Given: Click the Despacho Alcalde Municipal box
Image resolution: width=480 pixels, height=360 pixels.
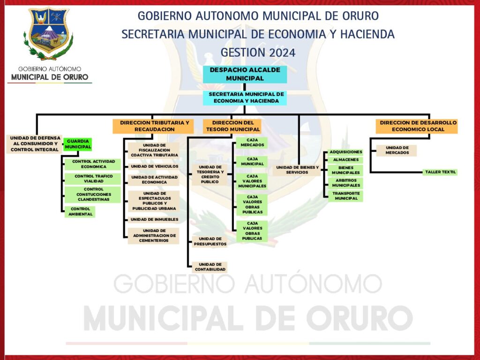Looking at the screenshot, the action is [x=245, y=74].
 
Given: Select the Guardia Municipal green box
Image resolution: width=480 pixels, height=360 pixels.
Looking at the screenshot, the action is [x=78, y=144].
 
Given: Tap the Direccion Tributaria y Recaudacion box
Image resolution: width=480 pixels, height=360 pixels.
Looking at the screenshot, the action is [x=153, y=126].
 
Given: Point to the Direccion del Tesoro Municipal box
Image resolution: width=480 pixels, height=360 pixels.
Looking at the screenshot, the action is [x=232, y=126].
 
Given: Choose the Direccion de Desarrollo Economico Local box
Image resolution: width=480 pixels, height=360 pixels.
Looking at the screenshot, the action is [x=417, y=126].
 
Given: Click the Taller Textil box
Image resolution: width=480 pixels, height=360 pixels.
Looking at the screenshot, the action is [x=440, y=172].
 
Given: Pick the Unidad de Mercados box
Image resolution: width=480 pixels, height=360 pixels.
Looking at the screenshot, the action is [x=397, y=150].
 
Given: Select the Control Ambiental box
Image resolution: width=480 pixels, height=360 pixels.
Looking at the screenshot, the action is [x=80, y=211].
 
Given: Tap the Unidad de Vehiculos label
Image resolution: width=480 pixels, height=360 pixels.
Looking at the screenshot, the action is [x=154, y=166].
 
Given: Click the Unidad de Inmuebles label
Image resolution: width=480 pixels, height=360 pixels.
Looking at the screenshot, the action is [x=154, y=219].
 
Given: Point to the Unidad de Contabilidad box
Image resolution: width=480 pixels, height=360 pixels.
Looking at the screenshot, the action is [x=210, y=267].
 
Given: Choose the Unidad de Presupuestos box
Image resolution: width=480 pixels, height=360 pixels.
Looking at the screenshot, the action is [x=210, y=241].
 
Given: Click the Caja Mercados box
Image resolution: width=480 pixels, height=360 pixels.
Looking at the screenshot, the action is [x=252, y=142].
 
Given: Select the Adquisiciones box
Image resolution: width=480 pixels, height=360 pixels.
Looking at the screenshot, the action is [x=345, y=152].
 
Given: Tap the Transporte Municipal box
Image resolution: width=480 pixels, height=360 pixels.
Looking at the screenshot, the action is [x=345, y=196].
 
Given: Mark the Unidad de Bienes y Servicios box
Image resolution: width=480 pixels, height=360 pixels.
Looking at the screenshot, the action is [x=297, y=170].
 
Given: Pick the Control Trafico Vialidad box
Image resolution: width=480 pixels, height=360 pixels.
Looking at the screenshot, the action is [x=93, y=179].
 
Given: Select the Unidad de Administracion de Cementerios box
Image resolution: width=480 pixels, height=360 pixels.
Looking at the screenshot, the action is [x=153, y=236].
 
